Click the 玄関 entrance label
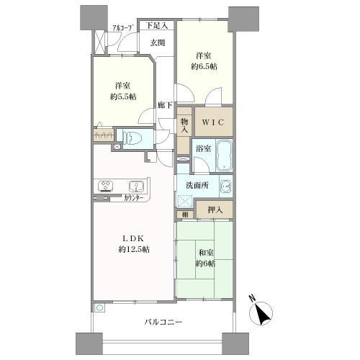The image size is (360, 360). [158, 42]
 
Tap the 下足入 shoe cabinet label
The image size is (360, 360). [157, 26]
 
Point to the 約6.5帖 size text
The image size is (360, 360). [204, 66]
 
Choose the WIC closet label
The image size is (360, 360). [214, 122]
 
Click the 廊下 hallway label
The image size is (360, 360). [165, 106]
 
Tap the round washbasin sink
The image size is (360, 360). [225, 186]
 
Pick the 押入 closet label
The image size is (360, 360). [215, 210]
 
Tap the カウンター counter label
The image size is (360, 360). [132, 197]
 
